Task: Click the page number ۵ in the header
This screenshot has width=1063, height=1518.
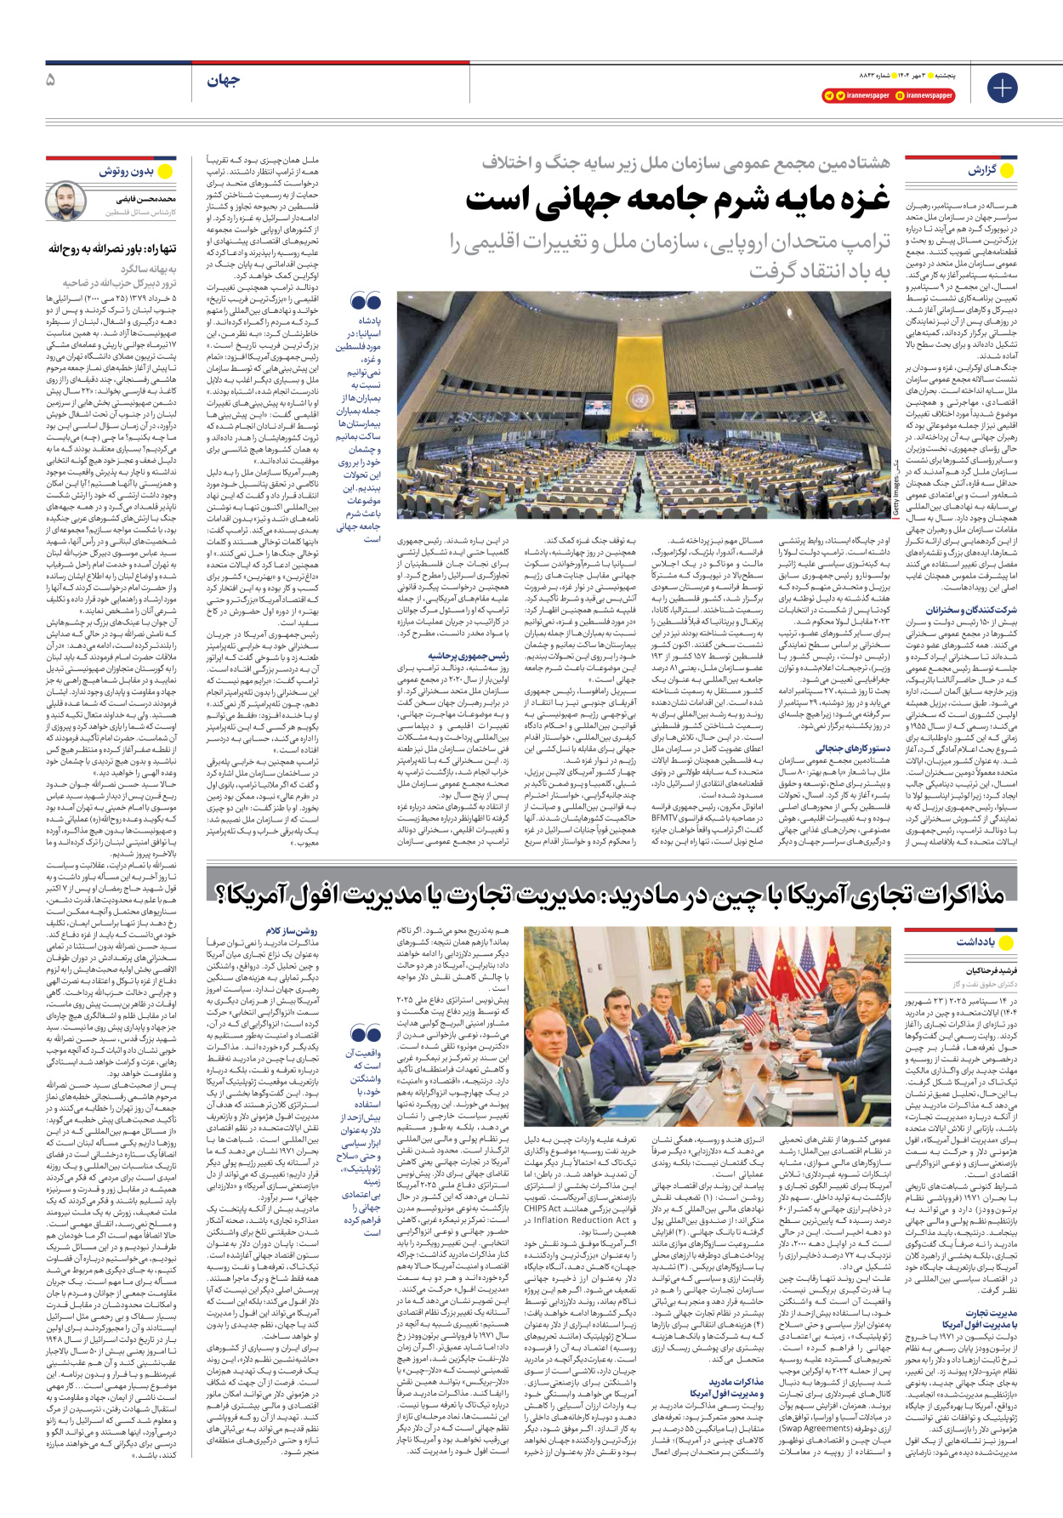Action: tap(50, 80)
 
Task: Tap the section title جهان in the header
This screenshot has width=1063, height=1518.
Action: tap(223, 80)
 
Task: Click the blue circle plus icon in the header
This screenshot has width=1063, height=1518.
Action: tap(1002, 88)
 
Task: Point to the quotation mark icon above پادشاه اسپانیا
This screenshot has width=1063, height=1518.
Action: tap(366, 302)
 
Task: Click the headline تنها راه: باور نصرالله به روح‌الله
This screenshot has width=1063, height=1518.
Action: tap(113, 249)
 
